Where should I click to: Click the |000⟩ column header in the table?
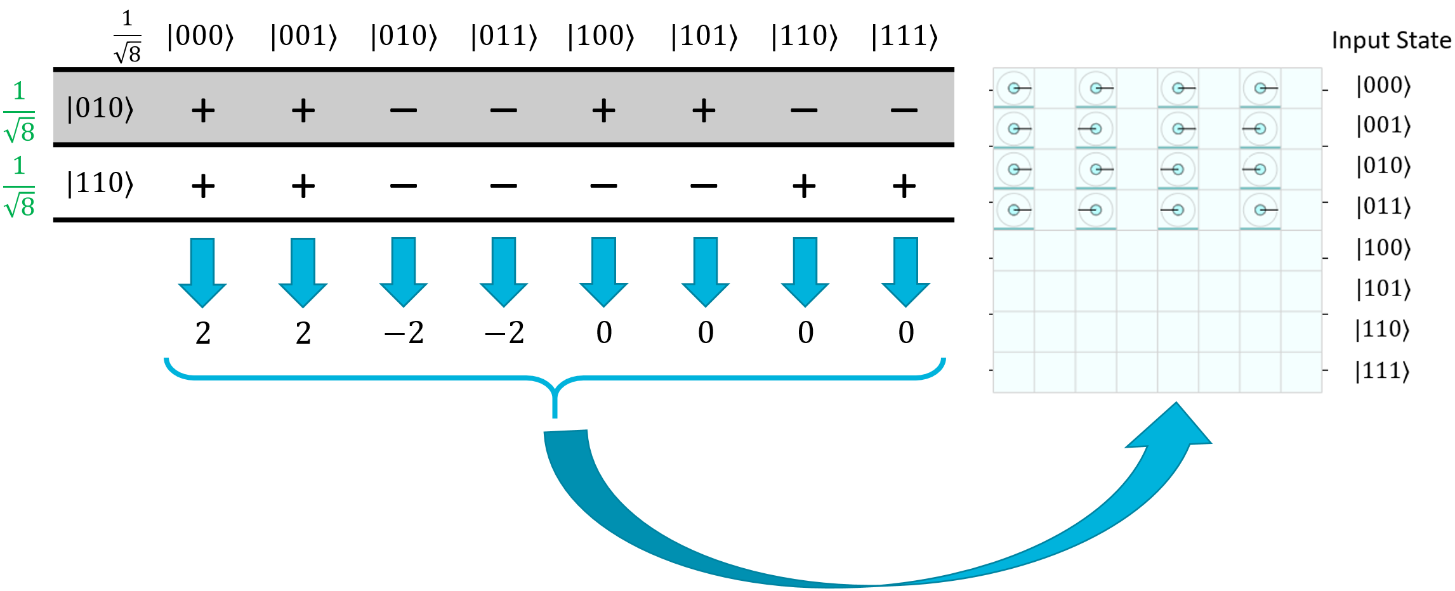click(x=201, y=36)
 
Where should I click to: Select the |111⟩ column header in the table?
click(x=904, y=36)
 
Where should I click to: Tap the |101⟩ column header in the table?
click(x=704, y=36)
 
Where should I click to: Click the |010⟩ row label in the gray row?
click(x=100, y=108)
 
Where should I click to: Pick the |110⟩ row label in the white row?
click(x=100, y=183)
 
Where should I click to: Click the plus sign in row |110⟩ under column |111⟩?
click(x=904, y=186)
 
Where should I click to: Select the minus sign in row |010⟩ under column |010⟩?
click(x=404, y=111)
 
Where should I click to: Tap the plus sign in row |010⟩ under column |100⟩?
click(x=603, y=111)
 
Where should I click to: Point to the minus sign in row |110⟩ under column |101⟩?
click(x=704, y=186)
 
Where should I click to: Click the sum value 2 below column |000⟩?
click(x=203, y=333)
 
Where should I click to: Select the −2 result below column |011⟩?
click(x=504, y=333)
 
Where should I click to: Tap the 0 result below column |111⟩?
click(x=906, y=333)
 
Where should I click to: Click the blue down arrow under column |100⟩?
click(x=603, y=271)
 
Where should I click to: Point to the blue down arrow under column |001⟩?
click(x=303, y=271)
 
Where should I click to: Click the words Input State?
click(x=1391, y=41)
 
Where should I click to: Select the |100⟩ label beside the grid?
click(x=1383, y=248)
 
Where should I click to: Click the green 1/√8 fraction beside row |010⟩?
click(x=19, y=112)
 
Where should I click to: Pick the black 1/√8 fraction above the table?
click(x=128, y=37)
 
